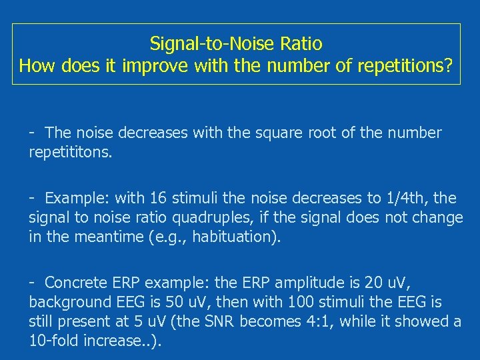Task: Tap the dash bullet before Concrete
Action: click(32, 283)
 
